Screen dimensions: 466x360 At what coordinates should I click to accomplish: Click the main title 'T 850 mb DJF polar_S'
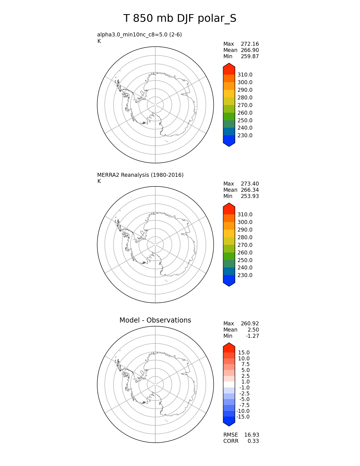pyautogui.click(x=180, y=19)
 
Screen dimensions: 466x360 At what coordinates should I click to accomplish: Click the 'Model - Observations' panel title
pyautogui.click(x=155, y=320)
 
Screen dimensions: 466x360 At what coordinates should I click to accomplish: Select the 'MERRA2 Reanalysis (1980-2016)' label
pyautogui.click(x=140, y=175)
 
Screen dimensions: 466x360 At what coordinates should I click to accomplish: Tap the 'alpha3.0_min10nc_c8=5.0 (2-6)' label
pyautogui.click(x=139, y=35)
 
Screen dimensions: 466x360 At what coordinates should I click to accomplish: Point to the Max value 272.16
pyautogui.click(x=250, y=44)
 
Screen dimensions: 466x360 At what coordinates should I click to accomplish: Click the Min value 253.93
pyautogui.click(x=250, y=196)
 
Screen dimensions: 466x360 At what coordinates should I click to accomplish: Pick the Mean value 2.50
pyautogui.click(x=253, y=330)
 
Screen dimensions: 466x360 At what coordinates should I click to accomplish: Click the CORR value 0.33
pyautogui.click(x=253, y=441)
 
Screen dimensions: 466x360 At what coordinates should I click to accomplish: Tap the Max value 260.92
pyautogui.click(x=250, y=324)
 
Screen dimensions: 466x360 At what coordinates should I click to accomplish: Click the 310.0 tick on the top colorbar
pyautogui.click(x=245, y=75)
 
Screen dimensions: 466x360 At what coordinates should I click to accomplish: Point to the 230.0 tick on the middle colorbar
pyautogui.click(x=245, y=275)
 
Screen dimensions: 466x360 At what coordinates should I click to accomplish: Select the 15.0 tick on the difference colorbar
pyautogui.click(x=244, y=353)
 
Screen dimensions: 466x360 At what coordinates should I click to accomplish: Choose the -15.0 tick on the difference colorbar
pyautogui.click(x=243, y=417)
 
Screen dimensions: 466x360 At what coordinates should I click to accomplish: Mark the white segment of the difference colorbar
pyautogui.click(x=229, y=385)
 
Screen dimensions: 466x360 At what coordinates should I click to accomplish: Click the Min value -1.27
pyautogui.click(x=252, y=336)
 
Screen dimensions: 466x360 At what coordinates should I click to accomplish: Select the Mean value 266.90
pyautogui.click(x=250, y=50)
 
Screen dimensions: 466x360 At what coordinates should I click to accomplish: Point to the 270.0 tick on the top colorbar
pyautogui.click(x=245, y=105)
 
